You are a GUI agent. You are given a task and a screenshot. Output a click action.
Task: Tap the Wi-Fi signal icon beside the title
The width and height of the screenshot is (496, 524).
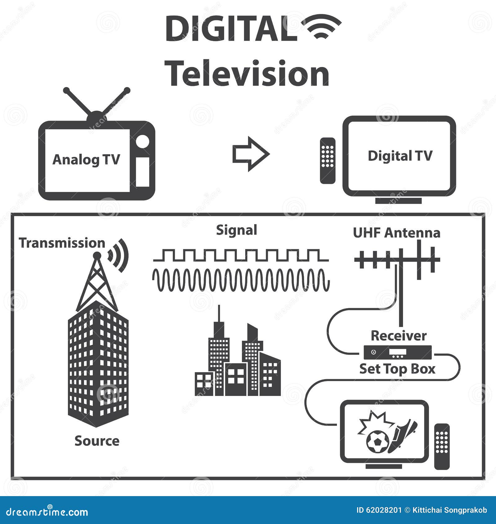[x=321, y=27]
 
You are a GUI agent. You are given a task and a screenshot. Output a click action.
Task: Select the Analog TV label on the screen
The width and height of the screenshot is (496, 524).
[x=86, y=160]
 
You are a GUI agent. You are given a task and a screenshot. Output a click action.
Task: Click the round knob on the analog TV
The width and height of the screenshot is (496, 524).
[x=143, y=142]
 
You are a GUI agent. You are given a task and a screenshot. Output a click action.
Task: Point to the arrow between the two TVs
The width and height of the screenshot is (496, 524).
[x=250, y=154]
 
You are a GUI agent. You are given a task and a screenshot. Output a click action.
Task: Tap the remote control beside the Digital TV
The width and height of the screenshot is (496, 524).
[x=328, y=161]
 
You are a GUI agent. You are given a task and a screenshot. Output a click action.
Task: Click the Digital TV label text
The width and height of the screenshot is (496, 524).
[x=400, y=156]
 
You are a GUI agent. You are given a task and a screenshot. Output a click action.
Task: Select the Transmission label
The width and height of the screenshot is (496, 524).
[x=62, y=243]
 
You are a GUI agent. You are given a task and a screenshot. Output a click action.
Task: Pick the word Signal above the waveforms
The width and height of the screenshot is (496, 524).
[x=237, y=230]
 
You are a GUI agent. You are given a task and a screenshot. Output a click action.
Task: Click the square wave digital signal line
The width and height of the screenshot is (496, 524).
[x=241, y=255]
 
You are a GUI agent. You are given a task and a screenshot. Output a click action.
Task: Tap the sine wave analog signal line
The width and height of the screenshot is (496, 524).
[x=241, y=280]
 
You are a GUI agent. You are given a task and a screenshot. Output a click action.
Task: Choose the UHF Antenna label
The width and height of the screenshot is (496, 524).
[x=396, y=233]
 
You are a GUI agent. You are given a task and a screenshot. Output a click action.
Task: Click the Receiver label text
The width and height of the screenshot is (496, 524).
[x=399, y=336]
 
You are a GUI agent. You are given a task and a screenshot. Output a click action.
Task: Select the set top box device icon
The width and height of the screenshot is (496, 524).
[x=398, y=352]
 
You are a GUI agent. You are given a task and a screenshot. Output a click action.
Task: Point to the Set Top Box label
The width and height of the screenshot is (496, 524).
[x=397, y=369]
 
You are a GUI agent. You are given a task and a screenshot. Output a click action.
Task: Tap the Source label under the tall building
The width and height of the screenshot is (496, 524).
[x=97, y=441]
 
